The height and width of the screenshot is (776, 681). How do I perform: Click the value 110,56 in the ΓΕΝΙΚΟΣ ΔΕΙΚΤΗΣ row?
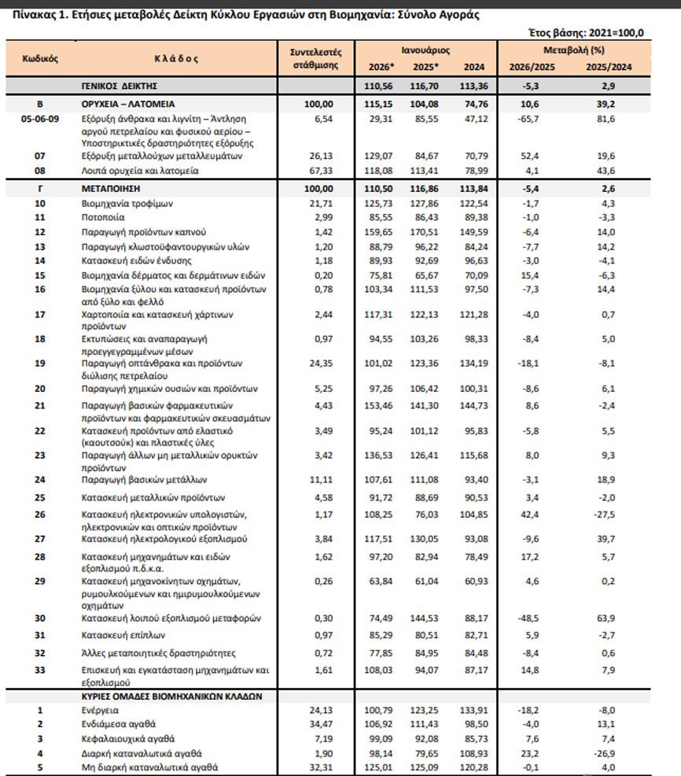[x=379, y=85]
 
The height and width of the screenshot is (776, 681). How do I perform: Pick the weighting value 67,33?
[x=321, y=170]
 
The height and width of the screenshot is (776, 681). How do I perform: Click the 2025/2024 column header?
[x=609, y=67]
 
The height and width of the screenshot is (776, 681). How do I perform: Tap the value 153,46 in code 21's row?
[x=379, y=405]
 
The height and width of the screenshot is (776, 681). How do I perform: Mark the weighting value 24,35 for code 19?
[x=321, y=364]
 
